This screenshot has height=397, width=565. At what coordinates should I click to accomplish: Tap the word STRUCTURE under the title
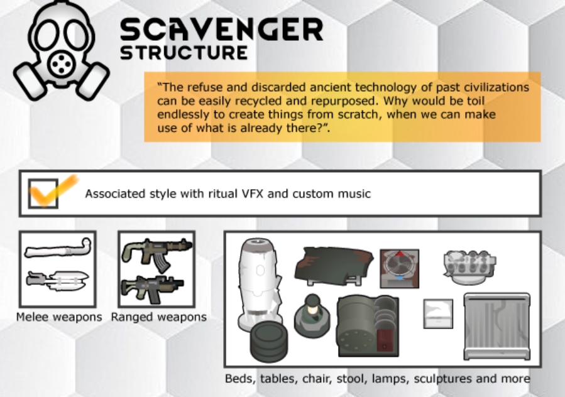pyautogui.click(x=184, y=53)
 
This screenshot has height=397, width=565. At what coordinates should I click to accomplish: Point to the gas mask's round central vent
pyautogui.click(x=61, y=65)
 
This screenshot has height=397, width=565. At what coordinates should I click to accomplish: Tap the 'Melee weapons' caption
pyautogui.click(x=59, y=317)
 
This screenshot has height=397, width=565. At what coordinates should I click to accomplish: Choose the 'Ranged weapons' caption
pyautogui.click(x=158, y=317)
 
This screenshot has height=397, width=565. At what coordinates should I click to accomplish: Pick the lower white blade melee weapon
pyautogui.click(x=58, y=280)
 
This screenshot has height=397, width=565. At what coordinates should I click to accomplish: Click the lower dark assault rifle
pyautogui.click(x=152, y=289)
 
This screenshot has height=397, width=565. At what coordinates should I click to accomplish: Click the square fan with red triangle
pyautogui.click(x=399, y=268)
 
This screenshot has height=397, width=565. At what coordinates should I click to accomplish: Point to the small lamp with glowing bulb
pyautogui.click(x=312, y=315)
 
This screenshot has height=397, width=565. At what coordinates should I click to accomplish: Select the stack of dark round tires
pyautogui.click(x=269, y=341)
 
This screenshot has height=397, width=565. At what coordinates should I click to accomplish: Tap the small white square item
pyautogui.click(x=438, y=313)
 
